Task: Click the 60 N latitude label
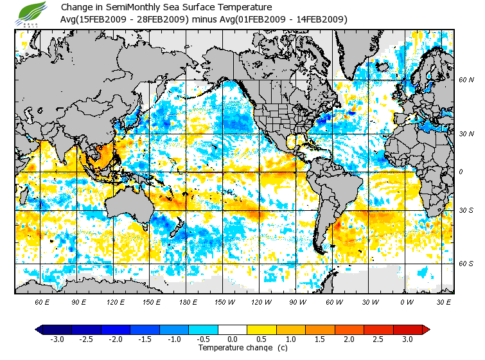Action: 466,80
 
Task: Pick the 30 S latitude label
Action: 466,210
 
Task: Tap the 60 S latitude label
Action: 466,264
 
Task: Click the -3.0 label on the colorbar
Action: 57,339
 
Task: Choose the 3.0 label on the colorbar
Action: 407,339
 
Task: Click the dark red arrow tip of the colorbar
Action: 426,329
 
